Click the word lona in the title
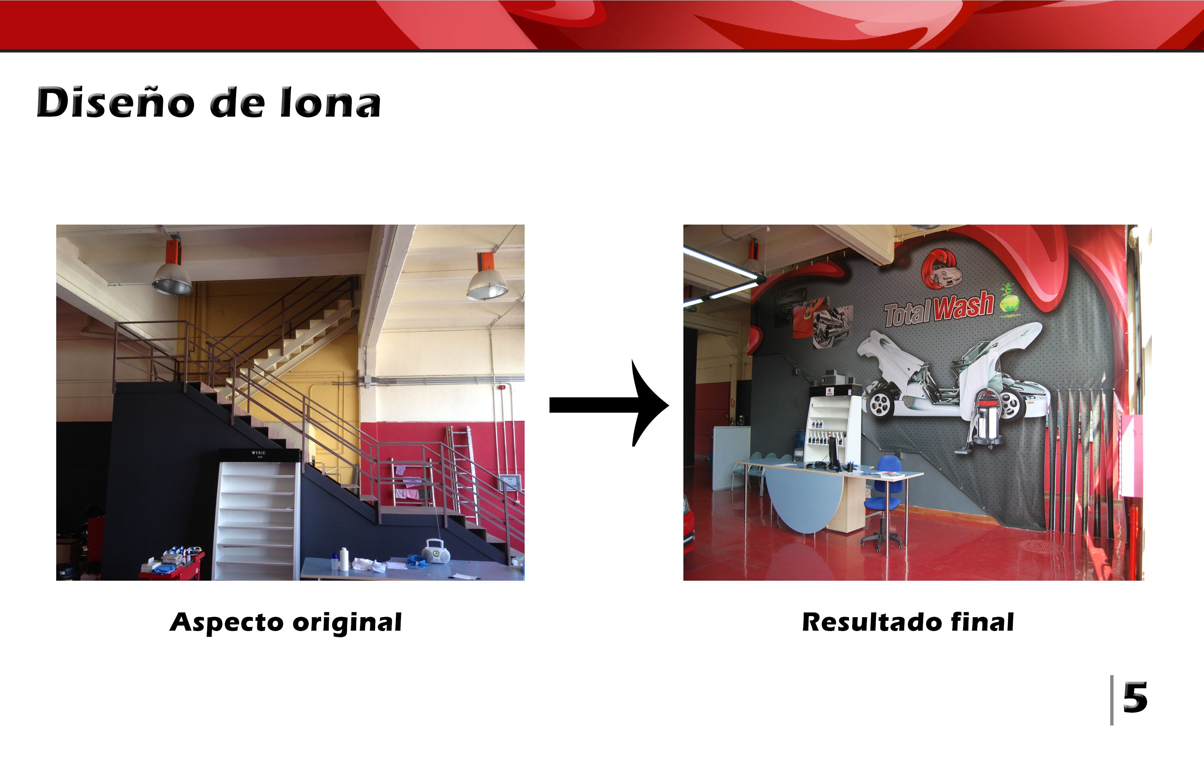tap(331, 102)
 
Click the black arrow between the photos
tap(609, 404)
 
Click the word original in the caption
tap(347, 623)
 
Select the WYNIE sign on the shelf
tap(259, 454)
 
